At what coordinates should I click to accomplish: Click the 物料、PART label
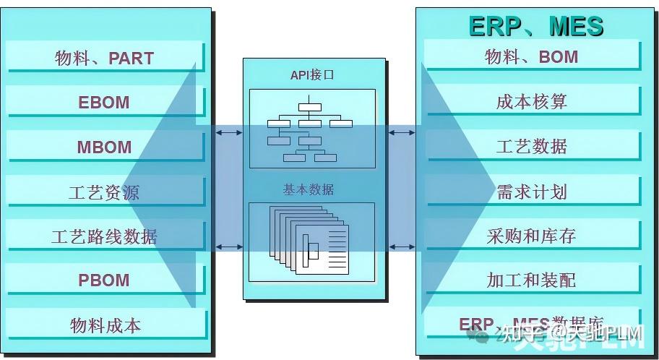coord(104,58)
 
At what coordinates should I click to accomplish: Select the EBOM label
coord(104,103)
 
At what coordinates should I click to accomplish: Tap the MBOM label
coord(104,147)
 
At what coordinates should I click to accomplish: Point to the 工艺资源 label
coord(104,192)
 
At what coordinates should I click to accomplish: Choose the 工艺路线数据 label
coord(104,236)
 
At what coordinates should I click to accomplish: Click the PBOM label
coord(104,280)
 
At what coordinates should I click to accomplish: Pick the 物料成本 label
coord(104,325)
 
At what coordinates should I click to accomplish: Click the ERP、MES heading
coord(535,26)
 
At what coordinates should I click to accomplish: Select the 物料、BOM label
coord(532,56)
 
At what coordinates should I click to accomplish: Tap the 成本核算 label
coord(532,102)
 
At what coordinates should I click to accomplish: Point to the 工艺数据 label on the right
coord(532,146)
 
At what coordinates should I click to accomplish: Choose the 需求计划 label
coord(532,192)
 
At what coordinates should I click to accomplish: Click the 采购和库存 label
coord(532,236)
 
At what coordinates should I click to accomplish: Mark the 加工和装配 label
coord(532,280)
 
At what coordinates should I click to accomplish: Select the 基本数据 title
coord(309,189)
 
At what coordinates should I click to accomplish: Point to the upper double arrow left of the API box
coord(230,133)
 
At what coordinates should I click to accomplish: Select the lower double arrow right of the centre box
coord(402,247)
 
